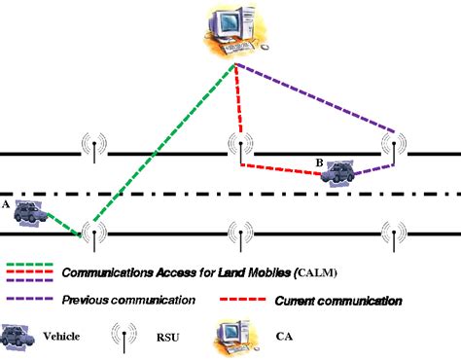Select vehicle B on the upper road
point(337,172)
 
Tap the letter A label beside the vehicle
point(6,205)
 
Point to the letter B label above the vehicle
point(320,161)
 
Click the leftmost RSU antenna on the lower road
point(93,234)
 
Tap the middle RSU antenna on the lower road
point(236,234)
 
